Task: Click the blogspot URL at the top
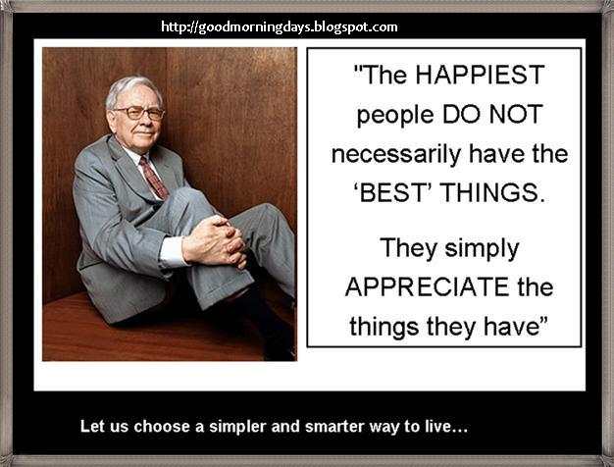[x=279, y=27]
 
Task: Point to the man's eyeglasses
[x=138, y=113]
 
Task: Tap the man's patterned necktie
[x=152, y=176]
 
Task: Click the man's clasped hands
[x=216, y=240]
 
